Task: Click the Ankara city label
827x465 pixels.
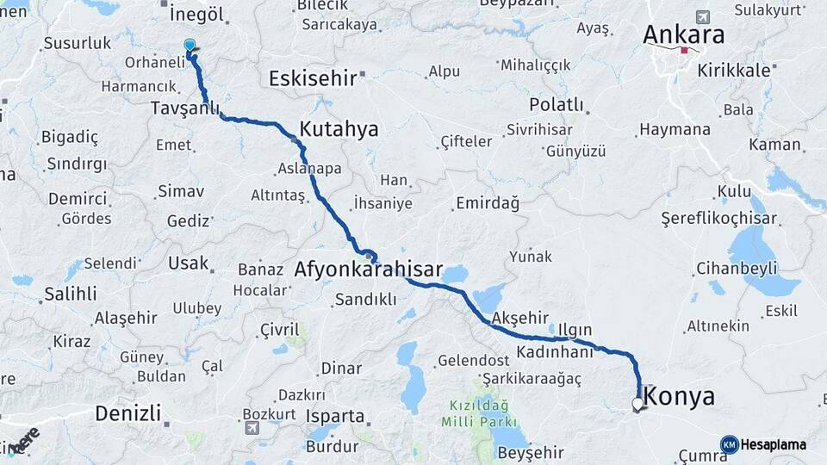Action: [x=684, y=35]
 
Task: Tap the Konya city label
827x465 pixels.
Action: [x=679, y=397]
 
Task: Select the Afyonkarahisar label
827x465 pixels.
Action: [x=368, y=270]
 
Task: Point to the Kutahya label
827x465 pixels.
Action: [x=339, y=130]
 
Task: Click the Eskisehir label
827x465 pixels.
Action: [x=312, y=78]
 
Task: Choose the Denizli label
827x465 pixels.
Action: [x=127, y=413]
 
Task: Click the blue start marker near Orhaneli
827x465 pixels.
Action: [x=190, y=45]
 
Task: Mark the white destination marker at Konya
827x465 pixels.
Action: [x=637, y=403]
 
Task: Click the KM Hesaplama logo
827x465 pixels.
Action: [x=763, y=444]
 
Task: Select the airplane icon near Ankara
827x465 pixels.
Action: [x=702, y=17]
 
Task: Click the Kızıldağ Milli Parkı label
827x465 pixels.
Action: [x=478, y=413]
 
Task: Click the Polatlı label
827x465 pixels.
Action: [x=556, y=105]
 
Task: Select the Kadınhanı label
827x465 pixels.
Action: [x=556, y=352]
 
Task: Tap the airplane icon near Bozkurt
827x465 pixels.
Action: [x=252, y=428]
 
